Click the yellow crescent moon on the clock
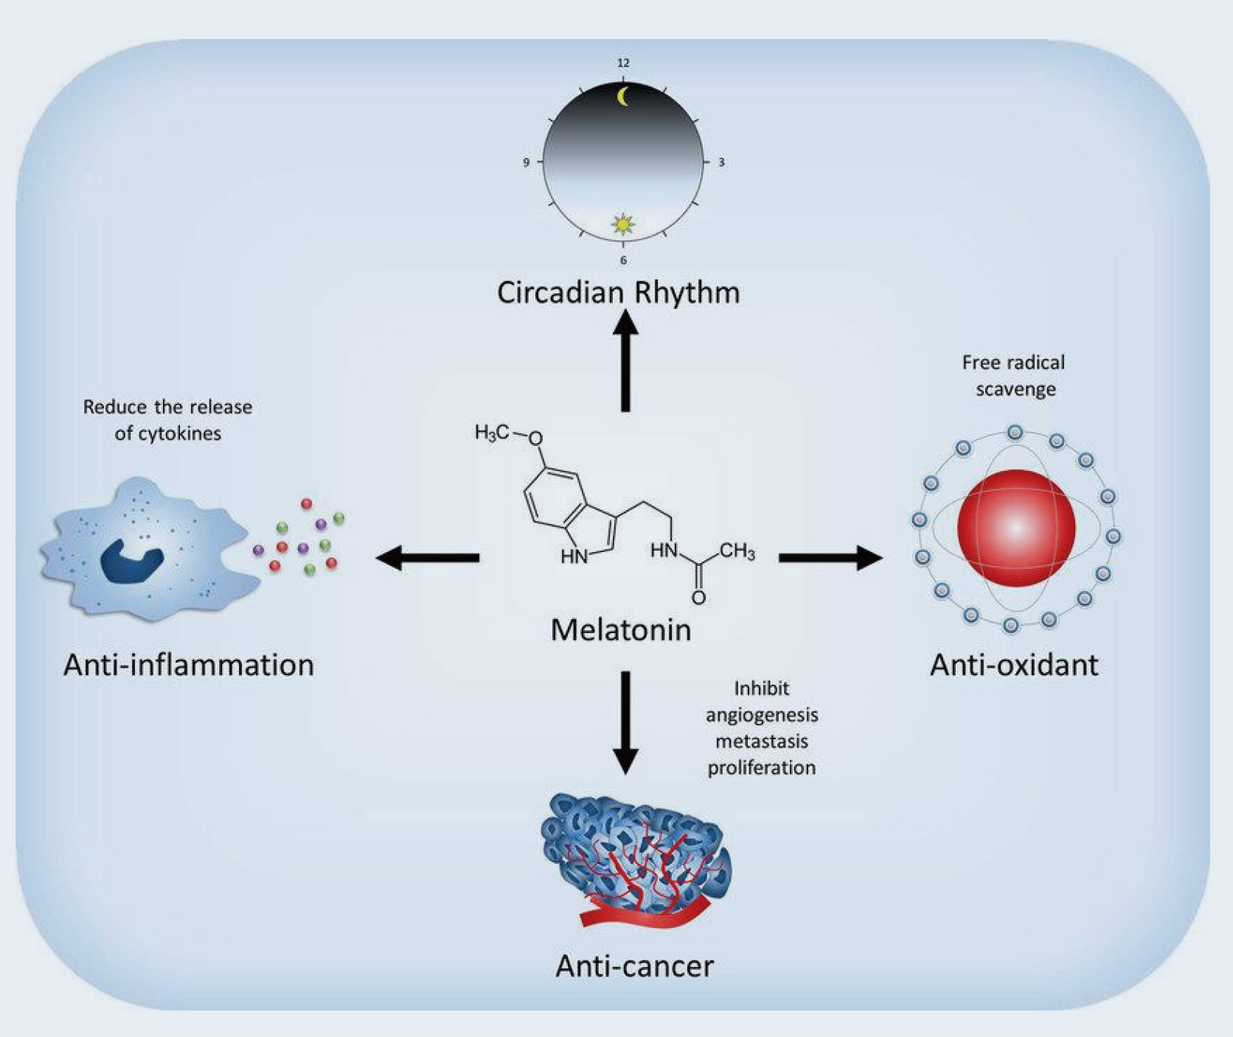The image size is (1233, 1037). pyautogui.click(x=624, y=97)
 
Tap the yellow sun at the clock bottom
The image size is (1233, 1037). pyautogui.click(x=624, y=223)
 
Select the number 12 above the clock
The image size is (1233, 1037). pyautogui.click(x=623, y=63)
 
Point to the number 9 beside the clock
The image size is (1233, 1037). pyautogui.click(x=526, y=162)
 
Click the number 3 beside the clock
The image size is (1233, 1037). pyautogui.click(x=721, y=162)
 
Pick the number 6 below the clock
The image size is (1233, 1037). pyautogui.click(x=624, y=260)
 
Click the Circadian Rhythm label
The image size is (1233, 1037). pyautogui.click(x=618, y=293)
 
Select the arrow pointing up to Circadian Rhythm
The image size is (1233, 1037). pyautogui.click(x=625, y=361)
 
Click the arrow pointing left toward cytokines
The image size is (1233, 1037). pyautogui.click(x=428, y=558)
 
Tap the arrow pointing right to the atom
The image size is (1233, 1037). pyautogui.click(x=830, y=558)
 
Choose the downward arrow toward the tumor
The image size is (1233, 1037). pyautogui.click(x=625, y=722)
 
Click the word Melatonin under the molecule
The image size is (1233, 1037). pyautogui.click(x=621, y=630)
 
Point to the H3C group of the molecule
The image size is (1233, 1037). pyautogui.click(x=492, y=433)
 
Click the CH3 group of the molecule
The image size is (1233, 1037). pyautogui.click(x=737, y=551)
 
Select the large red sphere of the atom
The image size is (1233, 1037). pyautogui.click(x=1015, y=528)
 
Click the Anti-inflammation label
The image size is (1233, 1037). pyautogui.click(x=189, y=665)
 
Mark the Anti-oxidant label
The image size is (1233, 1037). pyautogui.click(x=1014, y=665)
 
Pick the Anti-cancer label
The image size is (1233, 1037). pyautogui.click(x=634, y=966)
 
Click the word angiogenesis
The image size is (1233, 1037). pyautogui.click(x=762, y=715)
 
